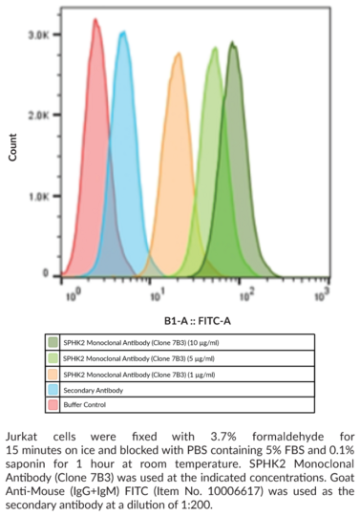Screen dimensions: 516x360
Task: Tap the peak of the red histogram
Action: (x=95, y=20)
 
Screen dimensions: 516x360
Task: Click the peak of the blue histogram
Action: (x=122, y=33)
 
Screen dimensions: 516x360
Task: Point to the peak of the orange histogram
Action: (x=178, y=55)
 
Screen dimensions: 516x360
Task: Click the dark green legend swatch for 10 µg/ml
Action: (x=54, y=340)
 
